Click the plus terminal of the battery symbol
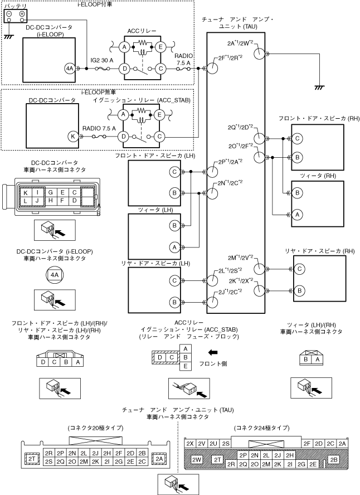coord(22,14)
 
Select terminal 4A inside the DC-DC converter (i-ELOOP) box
coord(70,68)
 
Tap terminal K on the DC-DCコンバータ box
coord(73,137)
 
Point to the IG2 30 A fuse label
coord(102,60)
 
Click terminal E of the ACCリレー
coord(160,47)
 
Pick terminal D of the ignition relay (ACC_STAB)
coord(123,137)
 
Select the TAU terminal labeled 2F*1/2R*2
coord(213,68)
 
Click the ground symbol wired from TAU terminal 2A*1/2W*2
coord(319,88)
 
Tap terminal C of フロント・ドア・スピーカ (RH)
coord(297,138)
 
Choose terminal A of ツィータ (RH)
coord(297,215)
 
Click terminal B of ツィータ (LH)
coord(174,225)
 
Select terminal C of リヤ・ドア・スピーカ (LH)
coord(174,280)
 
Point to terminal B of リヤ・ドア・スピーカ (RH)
coord(299,290)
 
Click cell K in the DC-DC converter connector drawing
coord(26,192)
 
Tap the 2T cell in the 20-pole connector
coord(32,459)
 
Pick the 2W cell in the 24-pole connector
coord(197,459)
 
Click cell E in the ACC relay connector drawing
coord(186,366)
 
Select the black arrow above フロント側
coord(213,352)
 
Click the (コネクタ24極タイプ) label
coord(261,428)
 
